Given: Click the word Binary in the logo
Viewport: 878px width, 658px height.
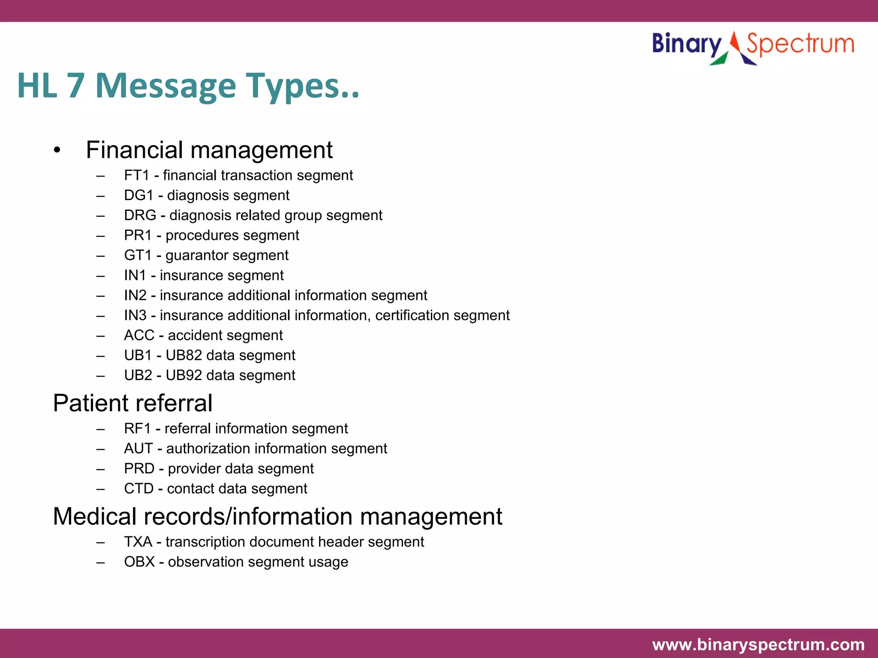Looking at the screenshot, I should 687,45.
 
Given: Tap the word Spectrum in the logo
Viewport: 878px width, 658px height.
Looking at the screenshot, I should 800,45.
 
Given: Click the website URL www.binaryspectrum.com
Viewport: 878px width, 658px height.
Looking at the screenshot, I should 758,645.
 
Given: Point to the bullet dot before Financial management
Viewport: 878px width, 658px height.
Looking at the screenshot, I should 57,151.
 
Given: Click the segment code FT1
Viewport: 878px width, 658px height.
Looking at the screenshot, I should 136,176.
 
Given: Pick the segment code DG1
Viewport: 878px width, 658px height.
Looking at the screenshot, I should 138,195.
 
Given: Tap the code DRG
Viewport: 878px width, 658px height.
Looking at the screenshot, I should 140,215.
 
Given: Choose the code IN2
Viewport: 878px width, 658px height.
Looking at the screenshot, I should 135,296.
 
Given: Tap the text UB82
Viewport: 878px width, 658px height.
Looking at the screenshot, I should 183,356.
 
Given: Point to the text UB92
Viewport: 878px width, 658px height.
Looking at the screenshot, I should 183,376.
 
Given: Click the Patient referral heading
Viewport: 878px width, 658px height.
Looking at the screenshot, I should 132,404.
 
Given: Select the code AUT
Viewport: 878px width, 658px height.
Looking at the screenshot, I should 138,449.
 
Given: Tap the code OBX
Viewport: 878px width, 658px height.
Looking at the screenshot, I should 139,562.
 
